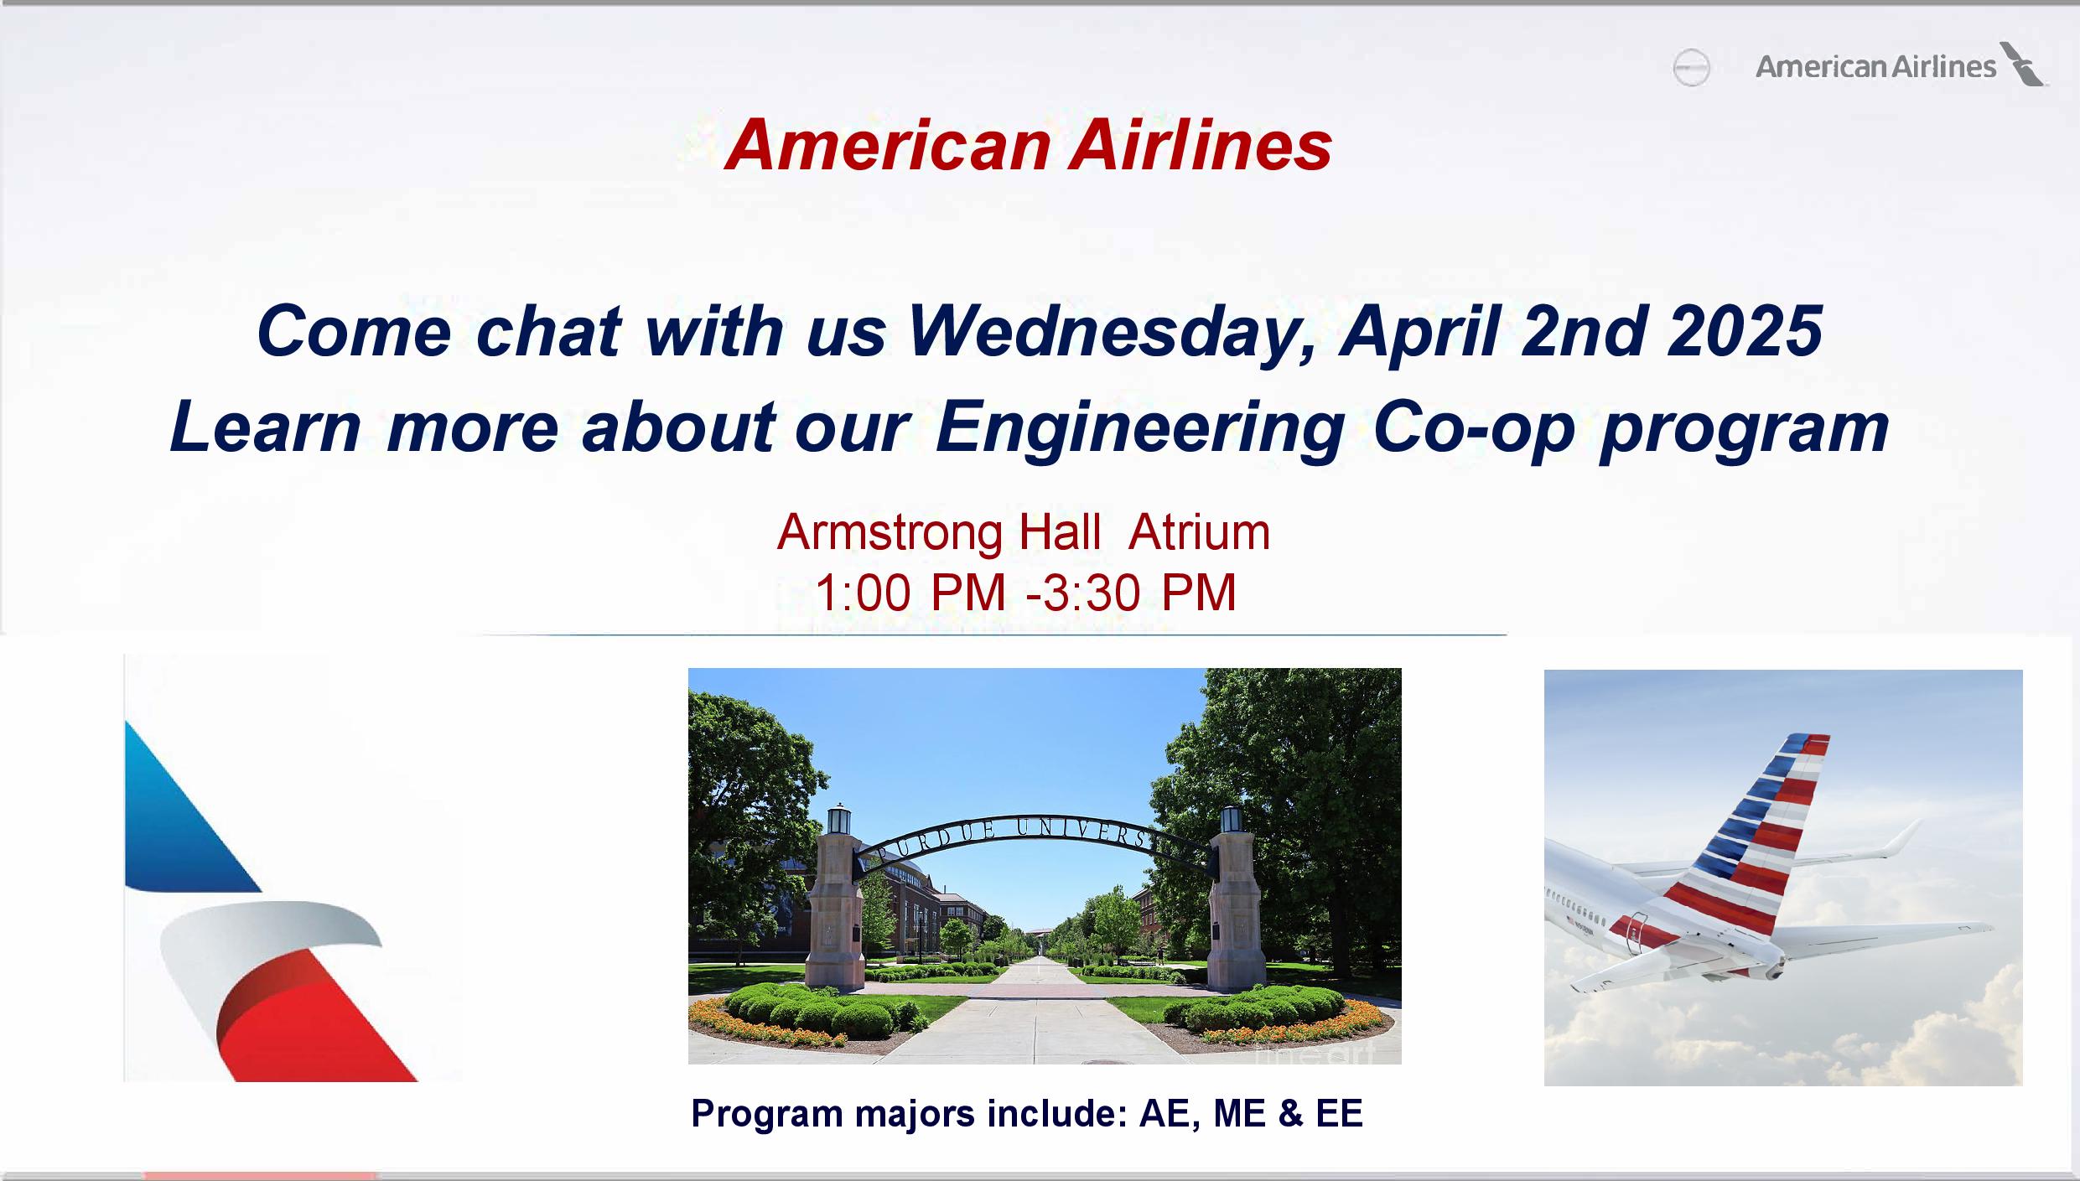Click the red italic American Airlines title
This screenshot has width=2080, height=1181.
1029,145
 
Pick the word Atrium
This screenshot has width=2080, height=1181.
1199,532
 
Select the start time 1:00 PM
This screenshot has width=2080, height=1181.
910,593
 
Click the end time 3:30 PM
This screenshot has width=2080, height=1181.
1139,593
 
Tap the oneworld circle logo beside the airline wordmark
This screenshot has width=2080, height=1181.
1691,68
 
